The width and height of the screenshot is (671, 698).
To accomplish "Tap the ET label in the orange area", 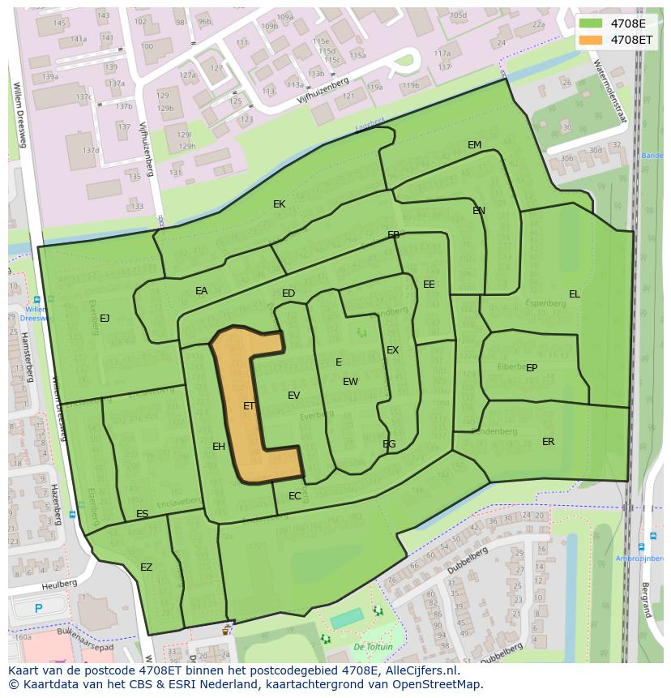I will click(249, 406).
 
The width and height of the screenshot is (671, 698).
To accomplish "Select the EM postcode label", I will click(474, 145).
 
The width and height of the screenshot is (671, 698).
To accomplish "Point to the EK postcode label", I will click(279, 204).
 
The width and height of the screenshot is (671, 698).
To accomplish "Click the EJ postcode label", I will click(105, 319).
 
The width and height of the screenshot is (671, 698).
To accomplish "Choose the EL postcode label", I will click(574, 294).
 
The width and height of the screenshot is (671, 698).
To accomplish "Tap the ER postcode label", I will click(548, 442).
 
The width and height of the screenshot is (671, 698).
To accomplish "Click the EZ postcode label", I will click(146, 567).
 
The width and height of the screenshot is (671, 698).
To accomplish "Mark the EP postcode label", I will click(532, 368).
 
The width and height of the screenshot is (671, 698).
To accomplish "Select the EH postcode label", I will click(219, 447).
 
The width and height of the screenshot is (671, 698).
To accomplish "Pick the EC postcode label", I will click(294, 496).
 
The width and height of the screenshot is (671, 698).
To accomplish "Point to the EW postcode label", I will click(350, 382).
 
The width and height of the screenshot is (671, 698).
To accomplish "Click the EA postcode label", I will click(201, 291).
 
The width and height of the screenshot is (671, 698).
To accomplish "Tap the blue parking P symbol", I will click(38, 608).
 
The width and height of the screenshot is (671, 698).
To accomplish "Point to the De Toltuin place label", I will click(373, 647).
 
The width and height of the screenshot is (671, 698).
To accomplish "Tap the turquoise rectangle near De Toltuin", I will click(347, 619).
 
